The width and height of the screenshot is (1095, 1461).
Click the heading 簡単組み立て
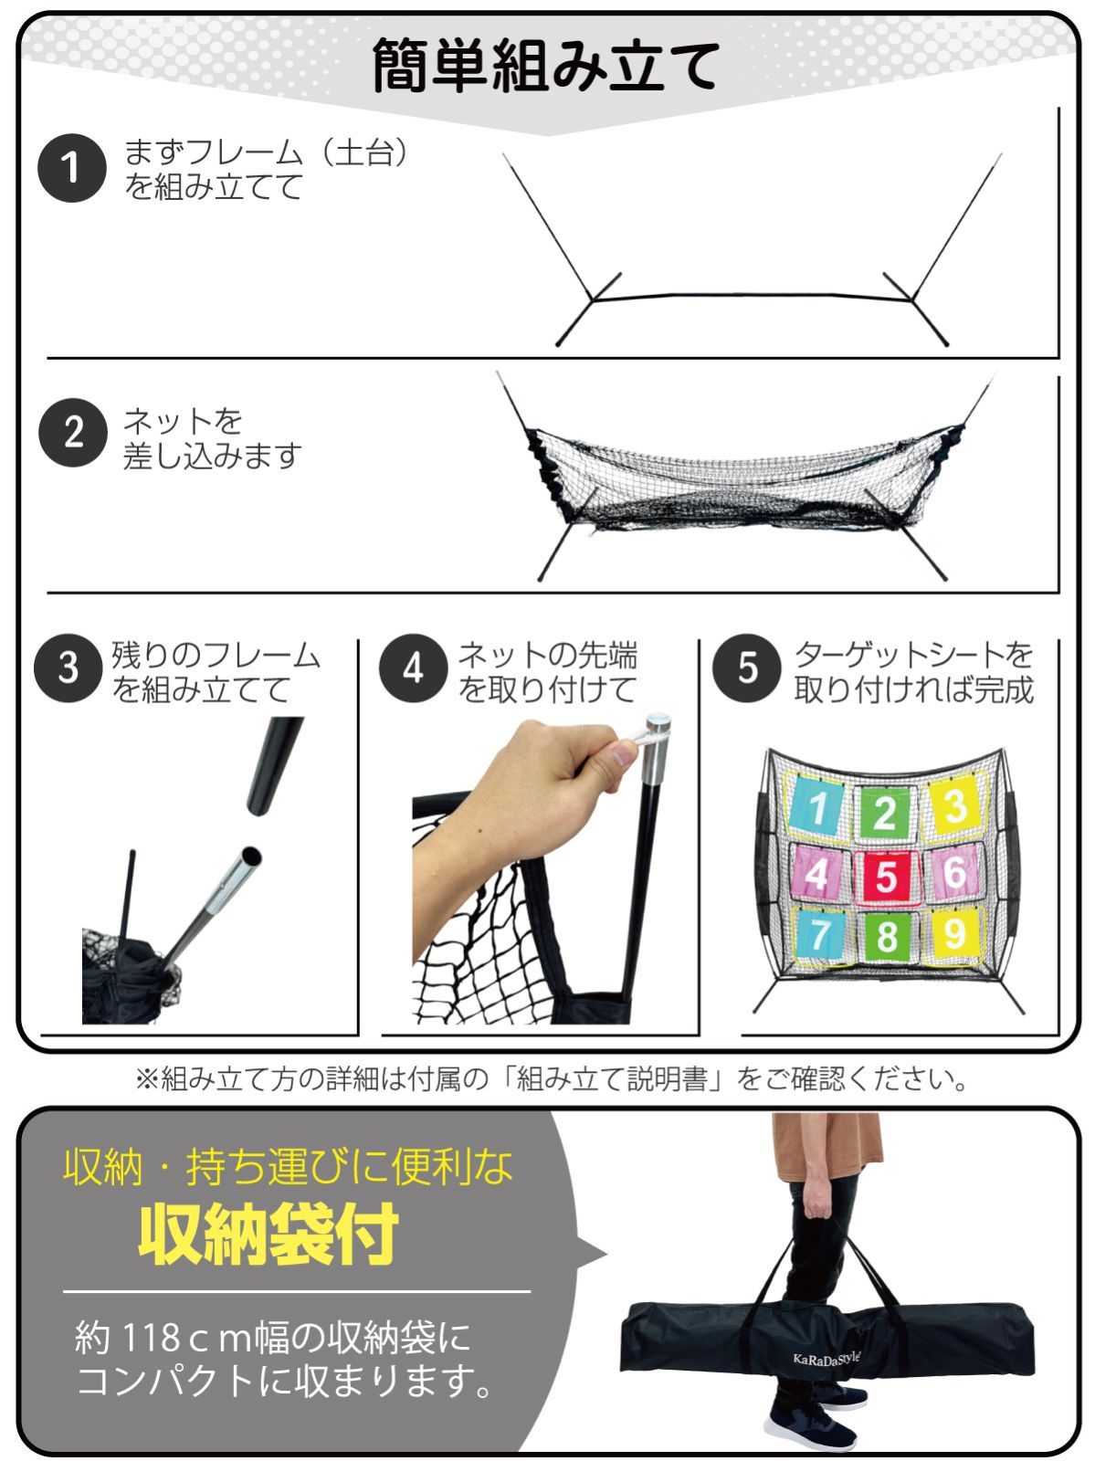[546, 66]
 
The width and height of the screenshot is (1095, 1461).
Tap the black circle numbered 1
[71, 168]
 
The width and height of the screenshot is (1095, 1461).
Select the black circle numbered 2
[71, 433]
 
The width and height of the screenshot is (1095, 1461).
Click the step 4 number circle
[412, 668]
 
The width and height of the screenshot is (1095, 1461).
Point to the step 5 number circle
[746, 668]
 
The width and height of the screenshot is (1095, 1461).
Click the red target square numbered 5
[885, 876]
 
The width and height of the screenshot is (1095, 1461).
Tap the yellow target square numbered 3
[953, 807]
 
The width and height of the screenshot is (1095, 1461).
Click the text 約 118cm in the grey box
[155, 1339]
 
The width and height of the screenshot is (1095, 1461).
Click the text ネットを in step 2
[183, 421]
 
